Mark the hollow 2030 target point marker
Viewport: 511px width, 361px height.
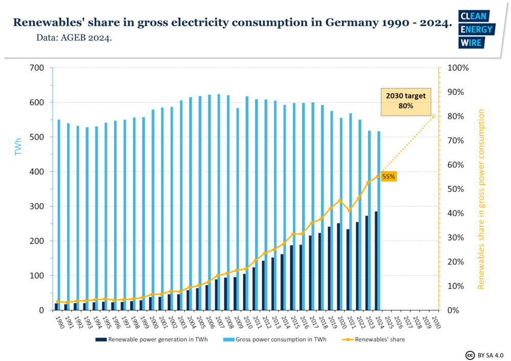point(434,116)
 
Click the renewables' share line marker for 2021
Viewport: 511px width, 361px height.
point(350,211)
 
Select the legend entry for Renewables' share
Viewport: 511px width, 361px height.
point(377,339)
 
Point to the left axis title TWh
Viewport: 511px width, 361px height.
point(18,147)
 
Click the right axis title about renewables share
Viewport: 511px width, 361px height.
point(481,199)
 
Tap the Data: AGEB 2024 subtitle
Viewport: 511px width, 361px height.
point(74,38)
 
